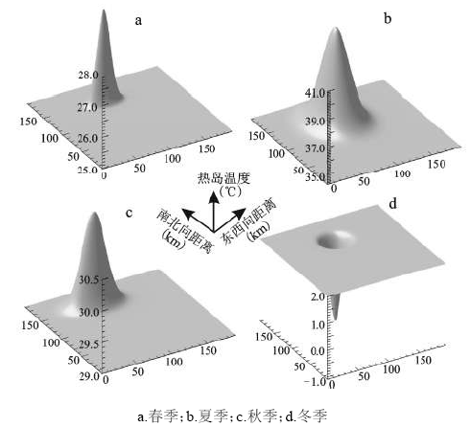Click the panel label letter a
138,21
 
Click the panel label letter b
388,18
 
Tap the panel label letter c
129,213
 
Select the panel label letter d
392,203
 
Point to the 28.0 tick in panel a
88,75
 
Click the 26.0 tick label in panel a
87,138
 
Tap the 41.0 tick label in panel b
315,94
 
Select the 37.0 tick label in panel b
315,148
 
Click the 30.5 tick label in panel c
89,280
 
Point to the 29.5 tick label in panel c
89,345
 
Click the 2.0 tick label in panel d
318,297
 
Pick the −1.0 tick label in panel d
314,382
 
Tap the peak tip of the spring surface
104,11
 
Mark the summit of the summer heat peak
336,28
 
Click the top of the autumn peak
94,213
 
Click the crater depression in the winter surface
336,239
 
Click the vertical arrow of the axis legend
213,211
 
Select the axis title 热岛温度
224,178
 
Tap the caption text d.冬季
306,416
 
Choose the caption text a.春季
158,416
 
